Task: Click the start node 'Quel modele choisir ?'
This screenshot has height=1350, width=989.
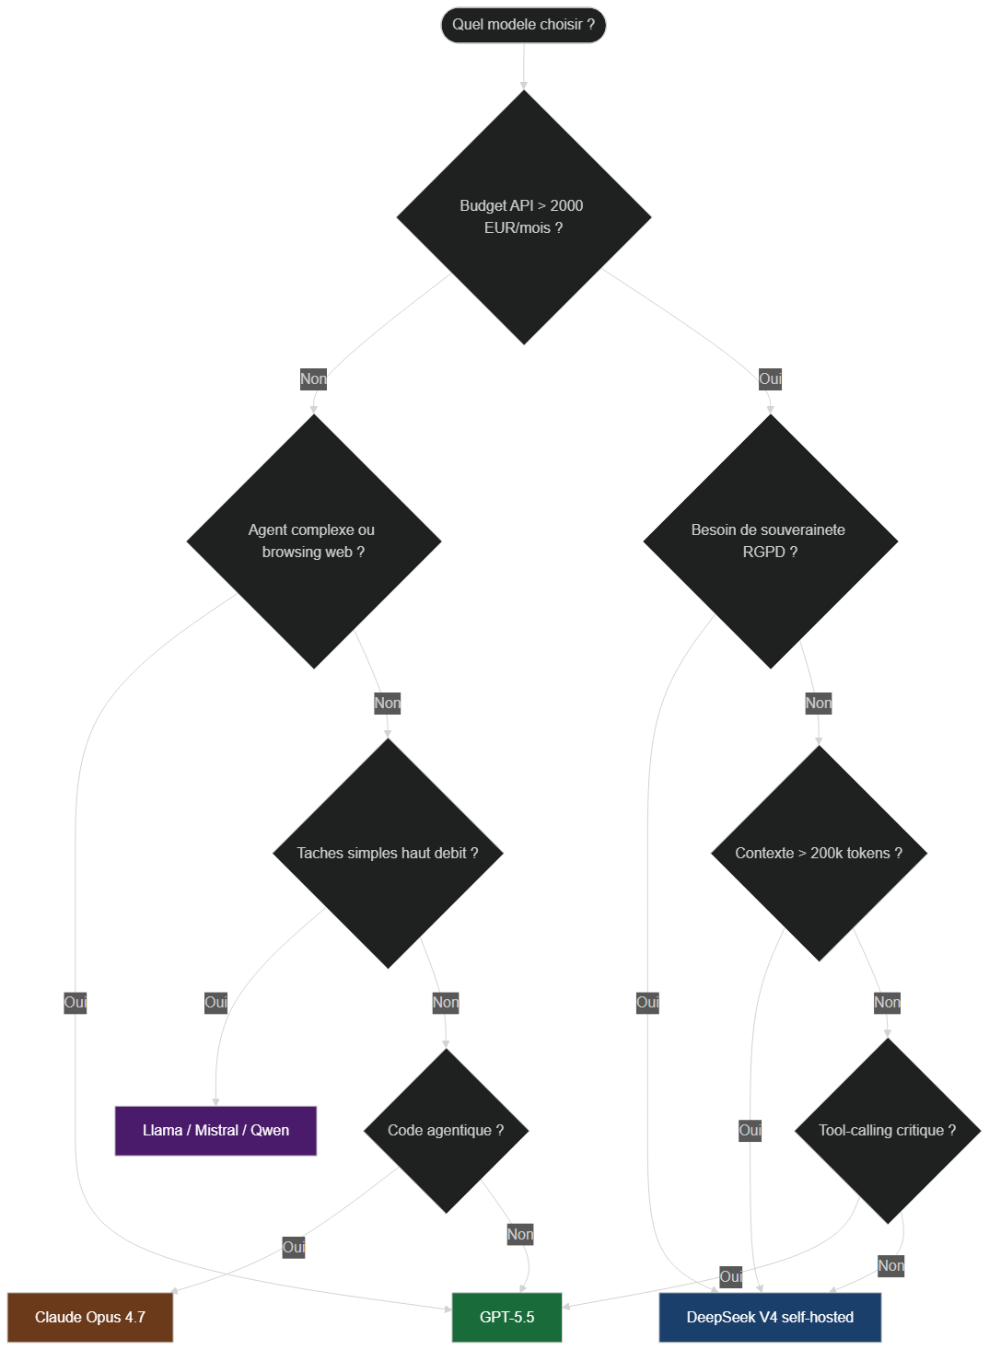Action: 523,25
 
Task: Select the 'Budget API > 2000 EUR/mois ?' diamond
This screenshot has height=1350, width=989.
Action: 524,217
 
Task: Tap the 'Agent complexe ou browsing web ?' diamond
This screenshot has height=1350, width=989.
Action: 314,541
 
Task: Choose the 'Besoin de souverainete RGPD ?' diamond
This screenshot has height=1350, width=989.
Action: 770,541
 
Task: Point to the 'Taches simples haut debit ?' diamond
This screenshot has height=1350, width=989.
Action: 388,853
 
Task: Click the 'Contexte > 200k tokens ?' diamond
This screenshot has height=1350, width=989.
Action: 819,853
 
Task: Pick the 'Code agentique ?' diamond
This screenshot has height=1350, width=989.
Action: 446,1131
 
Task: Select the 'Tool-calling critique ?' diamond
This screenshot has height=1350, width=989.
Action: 888,1131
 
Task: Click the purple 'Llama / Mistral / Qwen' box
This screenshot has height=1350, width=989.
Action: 215,1131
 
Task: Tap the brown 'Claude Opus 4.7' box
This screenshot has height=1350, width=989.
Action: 90,1317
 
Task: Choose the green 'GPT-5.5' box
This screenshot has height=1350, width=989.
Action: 506,1317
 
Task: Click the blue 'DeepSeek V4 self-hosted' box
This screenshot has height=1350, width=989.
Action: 770,1317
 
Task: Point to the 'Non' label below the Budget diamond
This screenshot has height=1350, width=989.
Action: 313,379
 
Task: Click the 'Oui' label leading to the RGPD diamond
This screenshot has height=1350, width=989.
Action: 770,379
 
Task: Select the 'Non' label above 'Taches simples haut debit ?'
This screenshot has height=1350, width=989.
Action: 387,703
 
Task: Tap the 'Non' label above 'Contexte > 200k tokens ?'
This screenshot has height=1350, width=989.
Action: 819,703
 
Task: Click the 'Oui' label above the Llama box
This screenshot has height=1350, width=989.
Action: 215,1002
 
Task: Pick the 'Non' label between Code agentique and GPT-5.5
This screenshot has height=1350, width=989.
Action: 520,1234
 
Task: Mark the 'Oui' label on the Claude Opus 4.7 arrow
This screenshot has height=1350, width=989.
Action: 294,1247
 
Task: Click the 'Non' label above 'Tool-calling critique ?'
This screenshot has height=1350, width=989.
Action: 887,1002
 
